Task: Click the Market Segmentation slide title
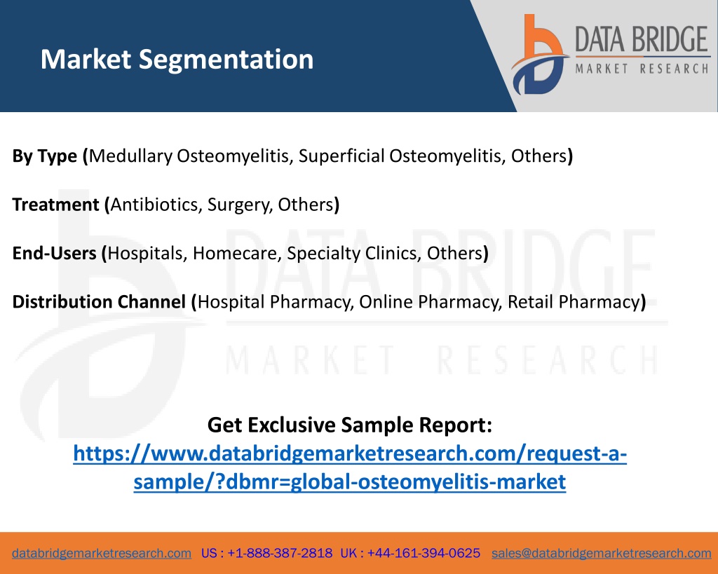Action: click(x=177, y=60)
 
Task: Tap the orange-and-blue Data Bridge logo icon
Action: click(x=540, y=54)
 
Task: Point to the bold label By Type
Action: click(x=44, y=156)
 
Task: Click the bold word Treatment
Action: click(x=55, y=205)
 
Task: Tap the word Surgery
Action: click(x=238, y=205)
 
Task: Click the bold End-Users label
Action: click(x=54, y=253)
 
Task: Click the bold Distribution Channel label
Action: click(x=99, y=302)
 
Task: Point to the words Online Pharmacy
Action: click(x=429, y=302)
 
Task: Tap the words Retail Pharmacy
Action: click(x=574, y=302)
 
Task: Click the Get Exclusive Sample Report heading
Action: click(x=350, y=425)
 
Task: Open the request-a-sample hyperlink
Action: click(x=350, y=467)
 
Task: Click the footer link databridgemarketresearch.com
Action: click(x=102, y=553)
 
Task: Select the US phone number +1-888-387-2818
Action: click(x=280, y=553)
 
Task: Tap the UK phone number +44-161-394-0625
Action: click(x=424, y=553)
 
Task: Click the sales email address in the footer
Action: click(x=601, y=553)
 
